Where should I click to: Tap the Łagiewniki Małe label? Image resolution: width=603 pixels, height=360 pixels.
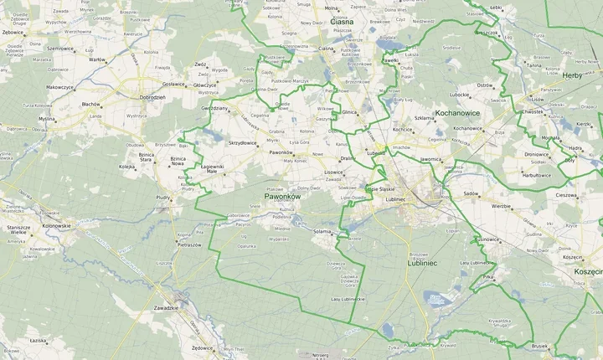(x=213, y=169)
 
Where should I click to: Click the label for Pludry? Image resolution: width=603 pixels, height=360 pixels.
(x=164, y=198)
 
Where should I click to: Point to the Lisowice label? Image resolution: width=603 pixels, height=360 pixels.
(x=333, y=172)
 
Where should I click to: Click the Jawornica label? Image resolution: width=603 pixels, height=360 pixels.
(x=430, y=158)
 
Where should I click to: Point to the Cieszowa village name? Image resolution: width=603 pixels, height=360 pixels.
(x=567, y=194)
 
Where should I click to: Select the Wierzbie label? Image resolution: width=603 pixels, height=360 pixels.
(x=501, y=205)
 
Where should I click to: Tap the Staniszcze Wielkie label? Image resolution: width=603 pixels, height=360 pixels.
(x=18, y=230)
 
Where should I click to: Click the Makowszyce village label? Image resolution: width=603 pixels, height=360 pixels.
(x=60, y=87)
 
